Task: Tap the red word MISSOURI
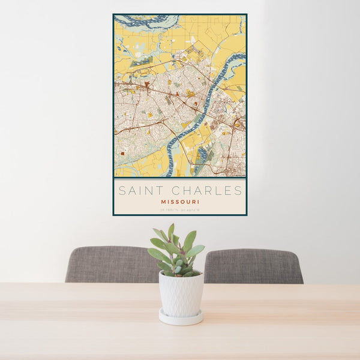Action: tap(180, 202)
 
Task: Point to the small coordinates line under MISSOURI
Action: tap(180, 209)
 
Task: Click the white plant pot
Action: tap(181, 293)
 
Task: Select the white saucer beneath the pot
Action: tap(181, 319)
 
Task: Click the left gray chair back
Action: tap(112, 265)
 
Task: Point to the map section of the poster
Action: tap(180, 96)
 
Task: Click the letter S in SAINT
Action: tap(121, 191)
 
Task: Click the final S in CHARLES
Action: tap(239, 191)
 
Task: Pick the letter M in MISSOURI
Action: tap(162, 202)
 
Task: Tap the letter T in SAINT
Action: tap(154, 191)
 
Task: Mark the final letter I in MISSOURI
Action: tap(199, 202)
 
